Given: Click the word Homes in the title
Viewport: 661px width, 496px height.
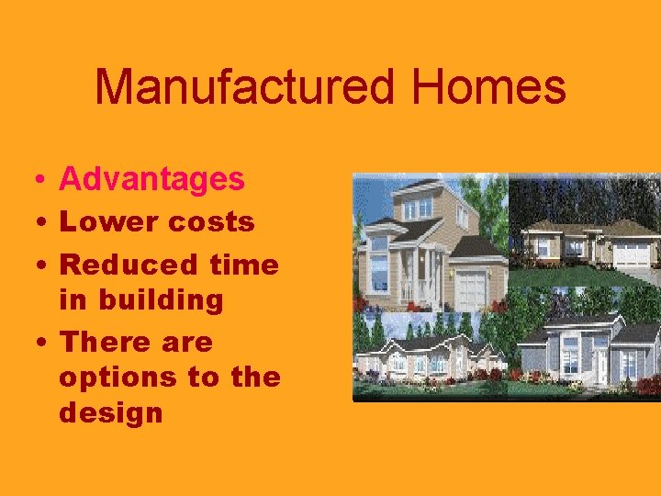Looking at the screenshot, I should click(x=488, y=88).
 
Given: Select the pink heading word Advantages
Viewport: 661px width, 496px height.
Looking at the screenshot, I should click(x=151, y=179).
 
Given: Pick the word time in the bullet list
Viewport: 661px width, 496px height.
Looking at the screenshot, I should click(x=243, y=265).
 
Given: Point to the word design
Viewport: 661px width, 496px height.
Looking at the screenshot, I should click(x=110, y=412).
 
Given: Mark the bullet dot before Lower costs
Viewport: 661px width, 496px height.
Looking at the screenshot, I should click(x=33, y=223).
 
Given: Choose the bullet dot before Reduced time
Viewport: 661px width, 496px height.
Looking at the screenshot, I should click(x=33, y=265).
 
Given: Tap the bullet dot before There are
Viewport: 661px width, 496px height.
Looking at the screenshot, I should click(x=33, y=343).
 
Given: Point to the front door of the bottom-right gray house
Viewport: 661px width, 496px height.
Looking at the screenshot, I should click(x=602, y=366).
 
